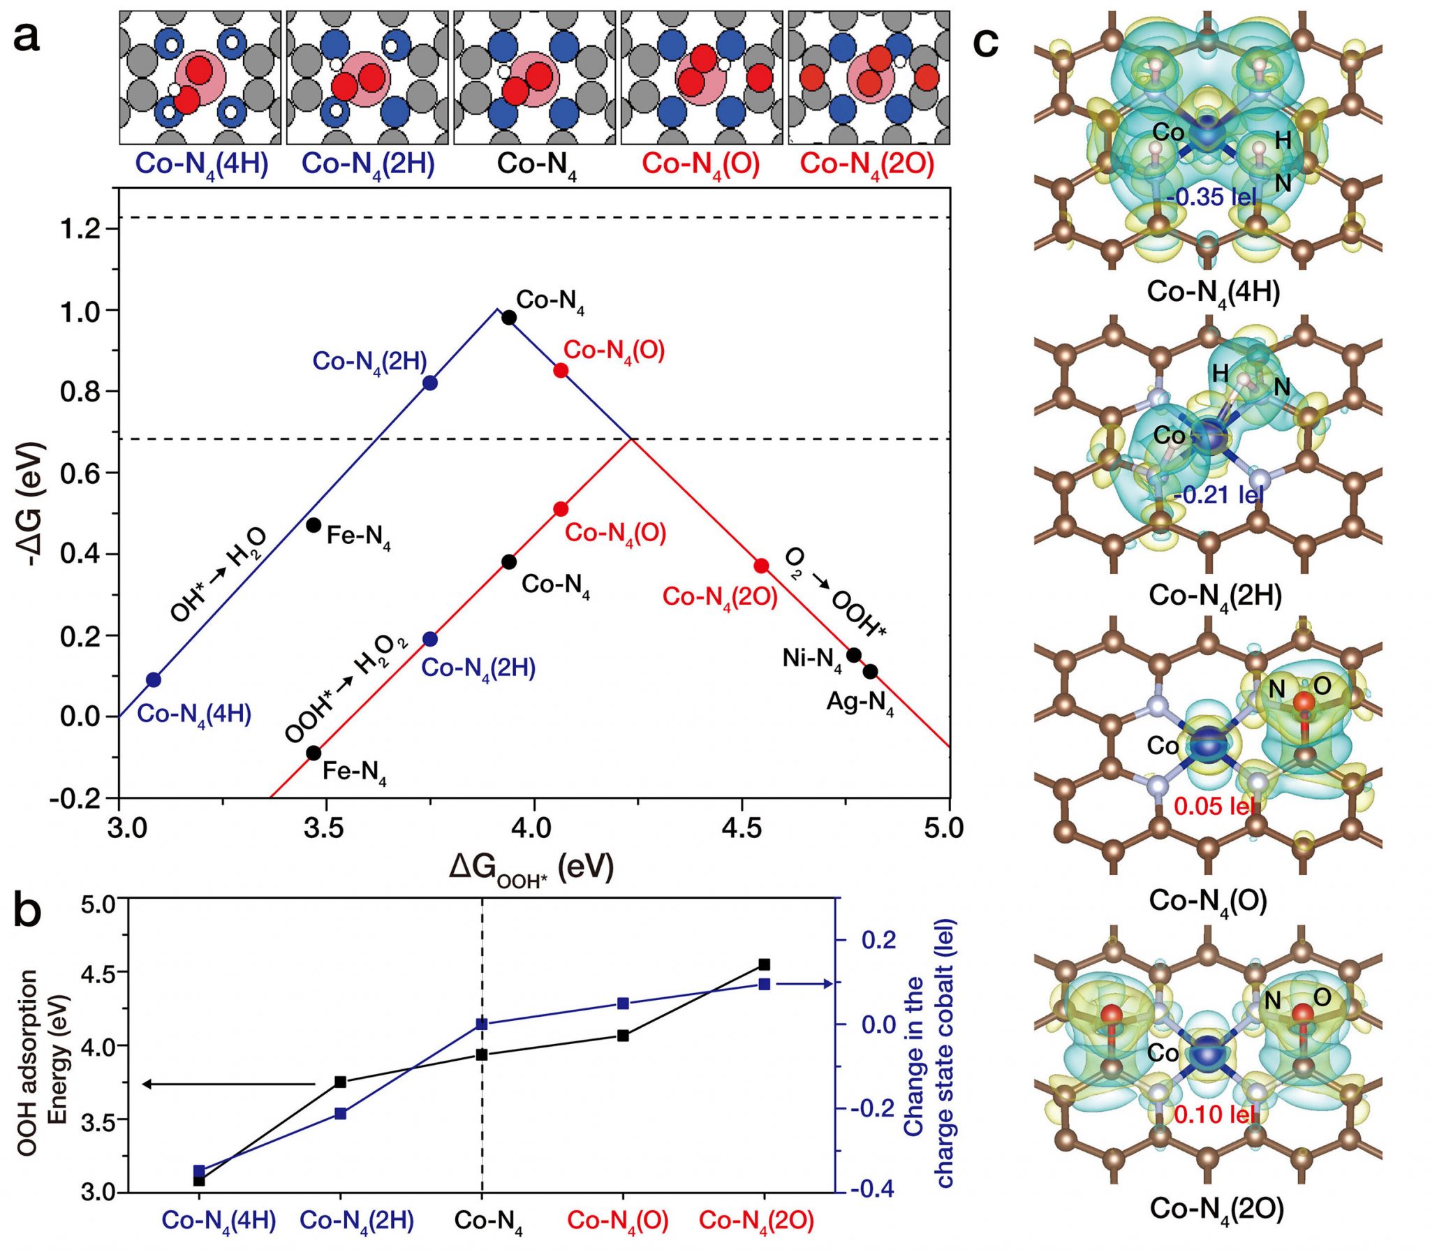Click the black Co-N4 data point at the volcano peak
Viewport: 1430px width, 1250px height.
[509, 318]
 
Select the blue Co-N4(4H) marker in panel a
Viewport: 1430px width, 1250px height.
[154, 679]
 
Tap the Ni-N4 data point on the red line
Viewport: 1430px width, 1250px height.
[853, 655]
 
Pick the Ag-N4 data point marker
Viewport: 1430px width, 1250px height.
[870, 672]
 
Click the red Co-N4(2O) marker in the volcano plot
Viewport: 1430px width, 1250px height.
[761, 566]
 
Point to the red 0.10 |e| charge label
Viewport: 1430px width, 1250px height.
[1214, 1114]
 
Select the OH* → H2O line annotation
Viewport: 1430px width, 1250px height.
[219, 574]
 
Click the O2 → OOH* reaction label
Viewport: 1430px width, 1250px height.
[835, 592]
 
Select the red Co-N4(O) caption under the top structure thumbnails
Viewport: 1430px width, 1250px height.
[700, 165]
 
